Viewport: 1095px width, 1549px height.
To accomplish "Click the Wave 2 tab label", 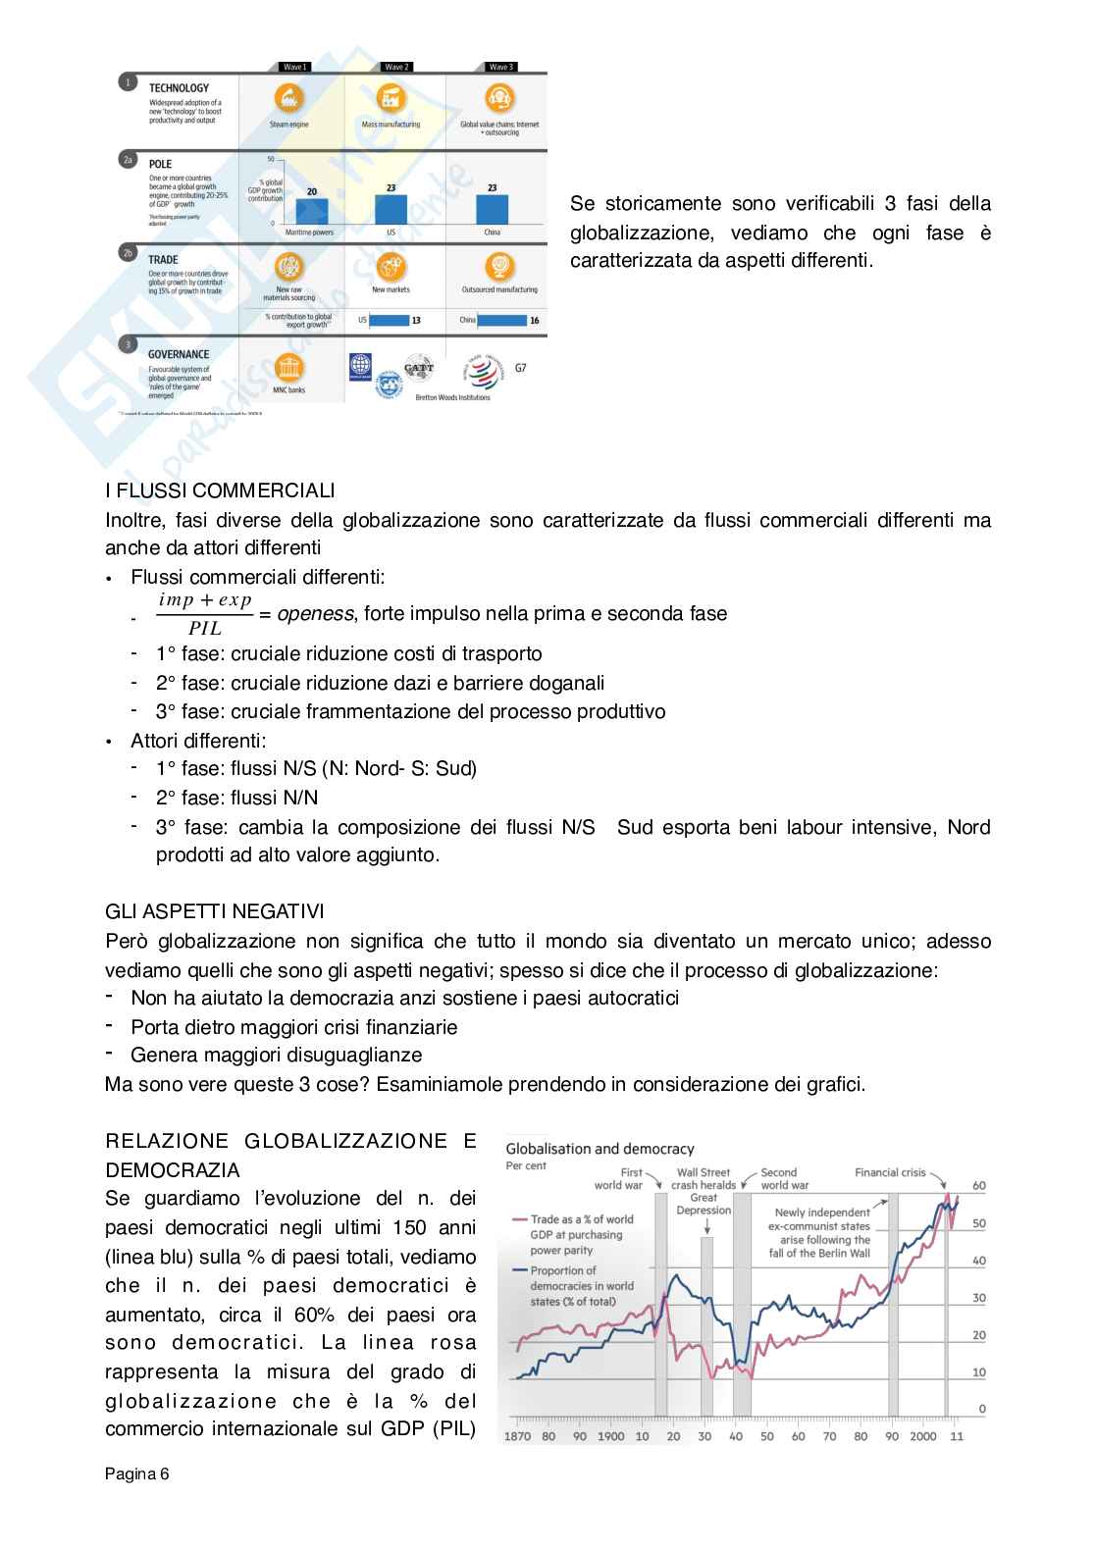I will [x=396, y=67].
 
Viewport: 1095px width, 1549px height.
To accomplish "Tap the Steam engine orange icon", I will [x=289, y=99].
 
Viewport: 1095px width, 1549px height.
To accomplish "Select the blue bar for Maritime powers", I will [x=312, y=211].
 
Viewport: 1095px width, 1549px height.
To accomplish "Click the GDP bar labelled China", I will [x=493, y=209].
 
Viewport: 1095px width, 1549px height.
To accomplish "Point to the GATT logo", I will [x=419, y=369].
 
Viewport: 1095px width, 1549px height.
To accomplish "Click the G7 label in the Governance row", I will [x=520, y=368].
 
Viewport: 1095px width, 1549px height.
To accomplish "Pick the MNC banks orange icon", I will [x=289, y=368].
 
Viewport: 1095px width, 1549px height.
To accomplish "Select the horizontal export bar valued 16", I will [x=501, y=320].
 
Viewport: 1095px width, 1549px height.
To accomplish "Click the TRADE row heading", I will [x=163, y=260].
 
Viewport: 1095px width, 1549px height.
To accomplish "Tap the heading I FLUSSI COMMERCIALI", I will [x=220, y=491].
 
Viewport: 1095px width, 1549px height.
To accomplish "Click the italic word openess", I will [x=315, y=614].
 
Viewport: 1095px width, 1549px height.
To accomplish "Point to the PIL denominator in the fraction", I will [x=205, y=629].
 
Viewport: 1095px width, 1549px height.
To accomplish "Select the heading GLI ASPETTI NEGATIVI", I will [x=215, y=912].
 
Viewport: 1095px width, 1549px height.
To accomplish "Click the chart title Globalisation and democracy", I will [x=600, y=1149].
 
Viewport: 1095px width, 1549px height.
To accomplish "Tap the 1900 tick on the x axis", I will [x=610, y=1436].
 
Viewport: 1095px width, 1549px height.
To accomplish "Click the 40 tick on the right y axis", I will [x=978, y=1261].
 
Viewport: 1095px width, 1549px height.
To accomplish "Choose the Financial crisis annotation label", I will [x=890, y=1172].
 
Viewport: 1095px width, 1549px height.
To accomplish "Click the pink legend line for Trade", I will [x=520, y=1219].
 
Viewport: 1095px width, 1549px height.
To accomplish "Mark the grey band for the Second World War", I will [x=742, y=1305].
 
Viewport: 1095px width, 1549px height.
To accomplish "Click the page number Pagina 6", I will [x=137, y=1473].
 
